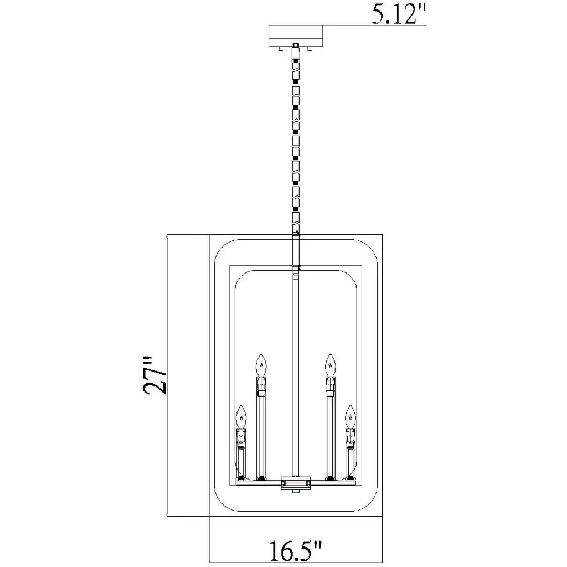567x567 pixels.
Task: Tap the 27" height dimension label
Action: (x=154, y=376)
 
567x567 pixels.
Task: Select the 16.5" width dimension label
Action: (x=296, y=550)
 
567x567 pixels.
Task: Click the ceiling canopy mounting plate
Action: (x=296, y=35)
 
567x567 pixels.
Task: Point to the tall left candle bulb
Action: (x=261, y=365)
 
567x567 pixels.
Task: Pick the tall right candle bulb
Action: (x=331, y=365)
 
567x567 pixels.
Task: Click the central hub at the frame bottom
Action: (x=296, y=483)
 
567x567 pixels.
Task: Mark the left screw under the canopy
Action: (x=281, y=49)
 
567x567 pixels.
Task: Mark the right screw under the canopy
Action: (x=310, y=49)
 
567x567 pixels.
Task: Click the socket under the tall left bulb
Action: (x=261, y=385)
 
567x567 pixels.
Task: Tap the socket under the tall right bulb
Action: (x=331, y=385)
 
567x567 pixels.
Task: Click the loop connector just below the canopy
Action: (x=296, y=53)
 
